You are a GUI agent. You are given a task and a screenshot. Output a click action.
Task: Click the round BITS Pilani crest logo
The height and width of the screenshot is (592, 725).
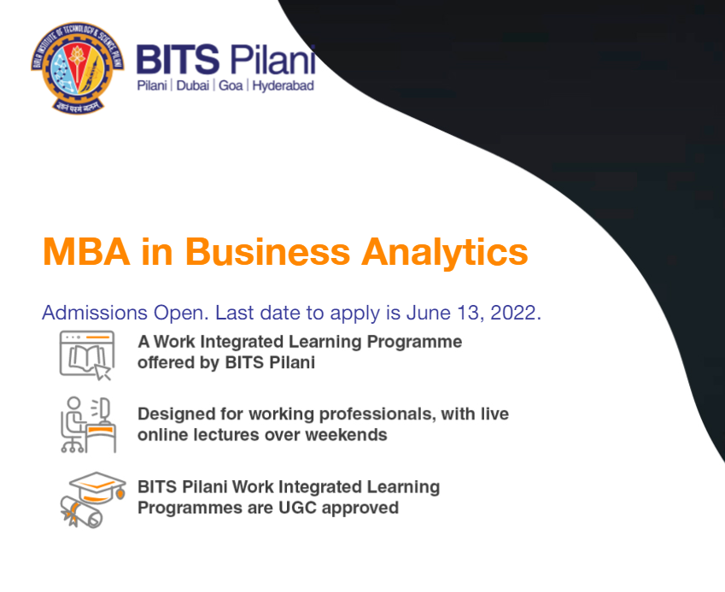tap(77, 67)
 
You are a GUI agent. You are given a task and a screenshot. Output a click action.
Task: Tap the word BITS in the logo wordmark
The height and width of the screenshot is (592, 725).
tap(178, 60)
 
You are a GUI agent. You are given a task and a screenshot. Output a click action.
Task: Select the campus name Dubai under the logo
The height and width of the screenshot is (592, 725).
tap(193, 85)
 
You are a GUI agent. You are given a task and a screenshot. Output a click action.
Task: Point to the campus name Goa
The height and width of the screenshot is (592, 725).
tap(231, 85)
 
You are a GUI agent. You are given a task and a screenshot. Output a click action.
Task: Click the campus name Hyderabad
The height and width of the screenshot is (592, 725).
tap(283, 86)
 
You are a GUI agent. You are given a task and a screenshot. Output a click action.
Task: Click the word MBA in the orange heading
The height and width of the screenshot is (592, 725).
tap(86, 252)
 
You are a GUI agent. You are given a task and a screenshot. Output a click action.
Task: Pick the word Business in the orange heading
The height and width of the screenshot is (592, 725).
tap(268, 252)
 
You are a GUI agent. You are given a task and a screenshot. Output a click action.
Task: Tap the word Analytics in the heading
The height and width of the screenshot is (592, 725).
tap(444, 253)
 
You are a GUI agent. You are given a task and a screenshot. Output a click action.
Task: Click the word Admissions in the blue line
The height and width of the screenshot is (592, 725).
tap(95, 313)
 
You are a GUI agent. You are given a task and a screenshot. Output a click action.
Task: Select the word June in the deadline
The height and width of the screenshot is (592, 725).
tap(428, 313)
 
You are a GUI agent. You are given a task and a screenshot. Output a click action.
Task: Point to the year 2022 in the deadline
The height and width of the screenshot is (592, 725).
tap(516, 314)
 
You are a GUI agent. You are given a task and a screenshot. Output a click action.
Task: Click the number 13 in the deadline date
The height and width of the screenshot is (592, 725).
tap(468, 314)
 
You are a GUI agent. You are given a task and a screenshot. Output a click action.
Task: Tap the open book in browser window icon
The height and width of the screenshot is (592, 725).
tap(87, 355)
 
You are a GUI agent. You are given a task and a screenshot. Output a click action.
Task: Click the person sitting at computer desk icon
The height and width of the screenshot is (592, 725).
tap(88, 425)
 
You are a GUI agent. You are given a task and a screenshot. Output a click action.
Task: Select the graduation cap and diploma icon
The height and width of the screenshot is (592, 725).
tap(93, 500)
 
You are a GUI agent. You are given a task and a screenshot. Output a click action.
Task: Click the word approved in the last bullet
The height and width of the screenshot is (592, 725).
tap(360, 508)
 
